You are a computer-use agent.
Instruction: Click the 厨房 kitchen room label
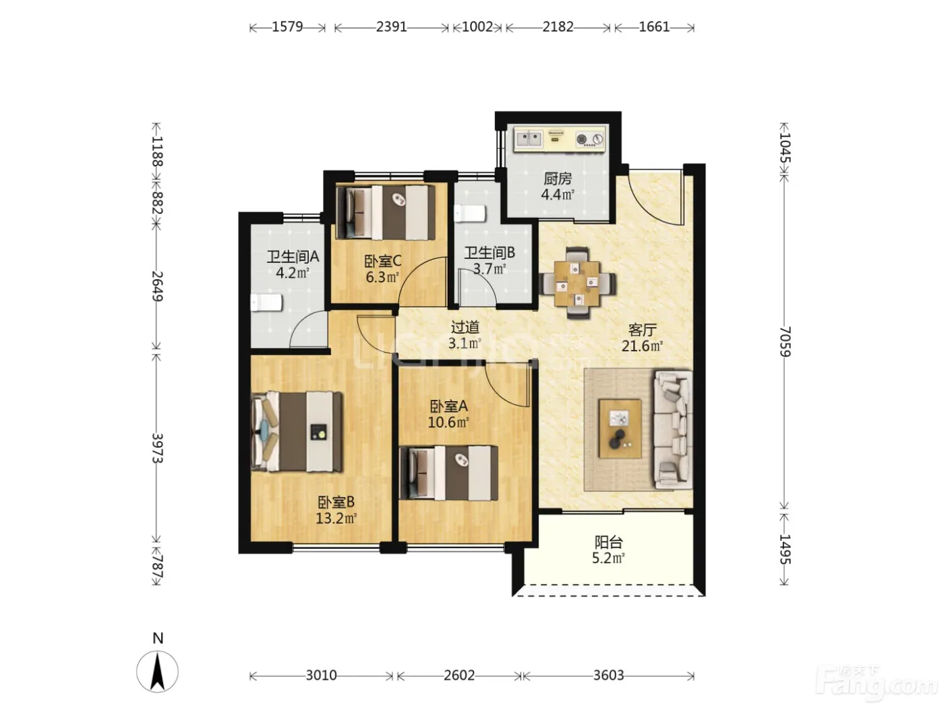(558, 178)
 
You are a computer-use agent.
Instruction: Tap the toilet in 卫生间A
(266, 302)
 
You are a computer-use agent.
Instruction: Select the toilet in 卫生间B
(470, 214)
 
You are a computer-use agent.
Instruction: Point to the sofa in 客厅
(673, 430)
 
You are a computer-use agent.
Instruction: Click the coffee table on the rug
(620, 429)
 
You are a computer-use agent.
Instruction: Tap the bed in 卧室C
(386, 212)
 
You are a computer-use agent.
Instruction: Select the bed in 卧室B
(297, 431)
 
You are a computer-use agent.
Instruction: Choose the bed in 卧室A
(448, 473)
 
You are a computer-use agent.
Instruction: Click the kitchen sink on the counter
(529, 138)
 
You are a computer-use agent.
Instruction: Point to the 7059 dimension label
(785, 342)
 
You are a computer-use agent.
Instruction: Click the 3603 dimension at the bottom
(609, 676)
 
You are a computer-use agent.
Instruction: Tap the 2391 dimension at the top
(391, 27)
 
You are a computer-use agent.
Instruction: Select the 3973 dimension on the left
(157, 448)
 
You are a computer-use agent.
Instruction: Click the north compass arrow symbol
(157, 671)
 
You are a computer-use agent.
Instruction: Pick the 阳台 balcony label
(609, 542)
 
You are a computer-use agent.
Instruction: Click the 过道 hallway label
(465, 328)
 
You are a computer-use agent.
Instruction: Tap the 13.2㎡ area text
(336, 519)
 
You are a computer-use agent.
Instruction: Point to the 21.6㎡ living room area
(642, 346)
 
